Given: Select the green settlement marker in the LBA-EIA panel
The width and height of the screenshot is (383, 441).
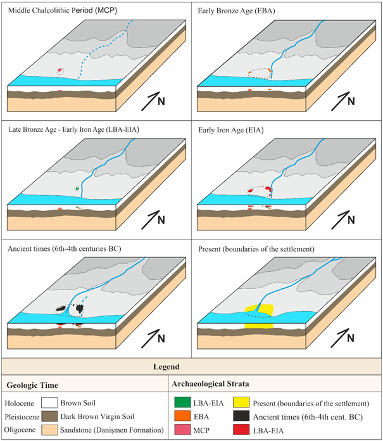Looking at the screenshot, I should [x=77, y=188].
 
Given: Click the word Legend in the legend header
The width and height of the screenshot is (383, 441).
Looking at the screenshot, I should [x=191, y=366].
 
